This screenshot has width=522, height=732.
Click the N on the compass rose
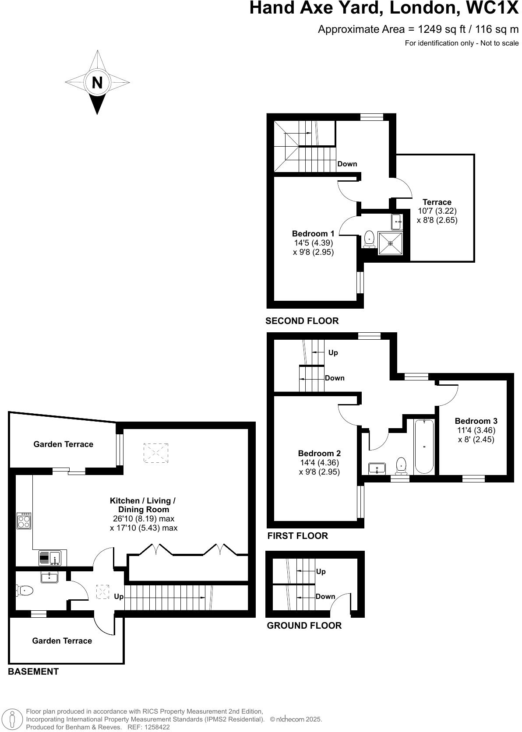click(x=97, y=82)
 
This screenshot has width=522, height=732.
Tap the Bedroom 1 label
click(x=313, y=233)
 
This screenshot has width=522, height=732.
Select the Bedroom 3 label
click(x=476, y=421)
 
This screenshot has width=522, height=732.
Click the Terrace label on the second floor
click(x=437, y=202)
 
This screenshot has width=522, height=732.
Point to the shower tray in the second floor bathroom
click(x=390, y=243)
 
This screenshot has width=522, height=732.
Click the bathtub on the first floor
click(x=424, y=447)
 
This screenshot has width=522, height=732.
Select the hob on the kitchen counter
click(x=24, y=521)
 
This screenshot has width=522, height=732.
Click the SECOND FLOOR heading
click(x=302, y=321)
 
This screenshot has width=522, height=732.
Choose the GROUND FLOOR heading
click(x=304, y=626)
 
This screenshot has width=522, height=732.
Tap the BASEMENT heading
click(x=33, y=672)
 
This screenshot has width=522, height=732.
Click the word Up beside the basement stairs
click(x=119, y=597)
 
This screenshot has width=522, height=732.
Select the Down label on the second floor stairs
click(x=347, y=164)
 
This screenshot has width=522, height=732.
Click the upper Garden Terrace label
click(x=63, y=444)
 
